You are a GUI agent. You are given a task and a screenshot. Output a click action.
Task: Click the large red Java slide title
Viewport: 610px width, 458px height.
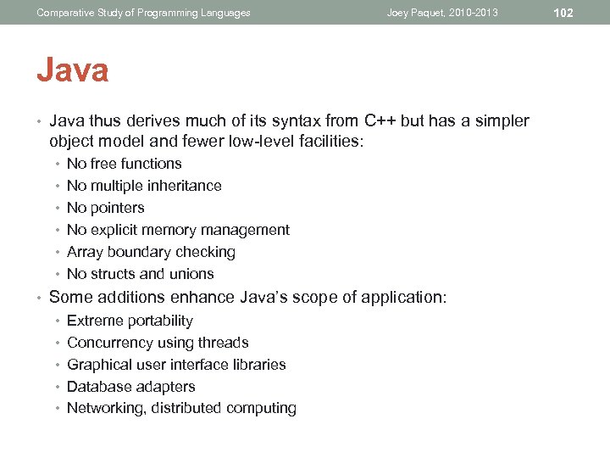click(x=72, y=70)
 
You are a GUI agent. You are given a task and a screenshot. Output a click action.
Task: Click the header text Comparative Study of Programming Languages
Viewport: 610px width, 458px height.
click(x=143, y=13)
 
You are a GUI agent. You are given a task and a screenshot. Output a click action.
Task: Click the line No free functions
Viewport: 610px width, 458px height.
click(x=124, y=164)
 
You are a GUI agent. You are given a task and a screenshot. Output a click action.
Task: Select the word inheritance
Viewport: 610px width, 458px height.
click(x=183, y=186)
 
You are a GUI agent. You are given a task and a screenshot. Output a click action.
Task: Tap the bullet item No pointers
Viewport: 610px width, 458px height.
click(x=105, y=208)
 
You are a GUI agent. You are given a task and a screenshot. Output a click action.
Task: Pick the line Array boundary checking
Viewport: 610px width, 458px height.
click(x=151, y=252)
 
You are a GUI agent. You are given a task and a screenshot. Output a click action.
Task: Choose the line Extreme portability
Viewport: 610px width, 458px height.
click(x=130, y=321)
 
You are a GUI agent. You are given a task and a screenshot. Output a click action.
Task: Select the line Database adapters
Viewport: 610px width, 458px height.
click(x=130, y=387)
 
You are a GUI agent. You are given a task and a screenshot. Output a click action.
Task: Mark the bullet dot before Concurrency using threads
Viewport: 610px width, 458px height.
click(x=57, y=343)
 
